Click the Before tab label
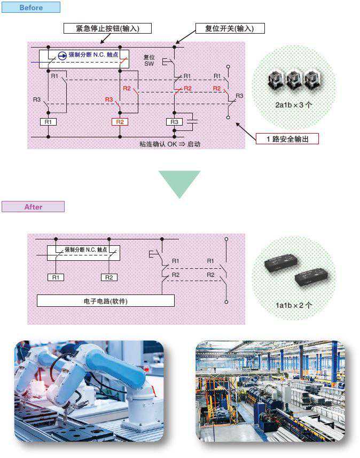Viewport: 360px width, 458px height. point(30,7)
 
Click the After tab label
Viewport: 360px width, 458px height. point(33,207)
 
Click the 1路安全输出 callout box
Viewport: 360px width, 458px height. point(287,139)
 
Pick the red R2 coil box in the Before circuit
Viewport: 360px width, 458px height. point(120,122)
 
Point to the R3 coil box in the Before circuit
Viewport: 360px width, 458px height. point(175,122)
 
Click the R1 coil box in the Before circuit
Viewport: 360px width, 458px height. point(48,122)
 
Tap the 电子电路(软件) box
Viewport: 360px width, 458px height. point(106,301)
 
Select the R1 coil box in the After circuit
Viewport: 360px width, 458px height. point(56,277)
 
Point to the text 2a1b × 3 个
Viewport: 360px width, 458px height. point(293,105)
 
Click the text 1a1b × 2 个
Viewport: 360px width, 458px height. point(293,305)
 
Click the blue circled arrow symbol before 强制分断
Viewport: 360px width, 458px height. point(62,55)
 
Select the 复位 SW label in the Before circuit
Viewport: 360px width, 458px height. point(149,60)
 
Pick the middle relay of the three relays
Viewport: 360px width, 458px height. point(294,80)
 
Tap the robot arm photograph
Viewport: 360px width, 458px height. point(89,391)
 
